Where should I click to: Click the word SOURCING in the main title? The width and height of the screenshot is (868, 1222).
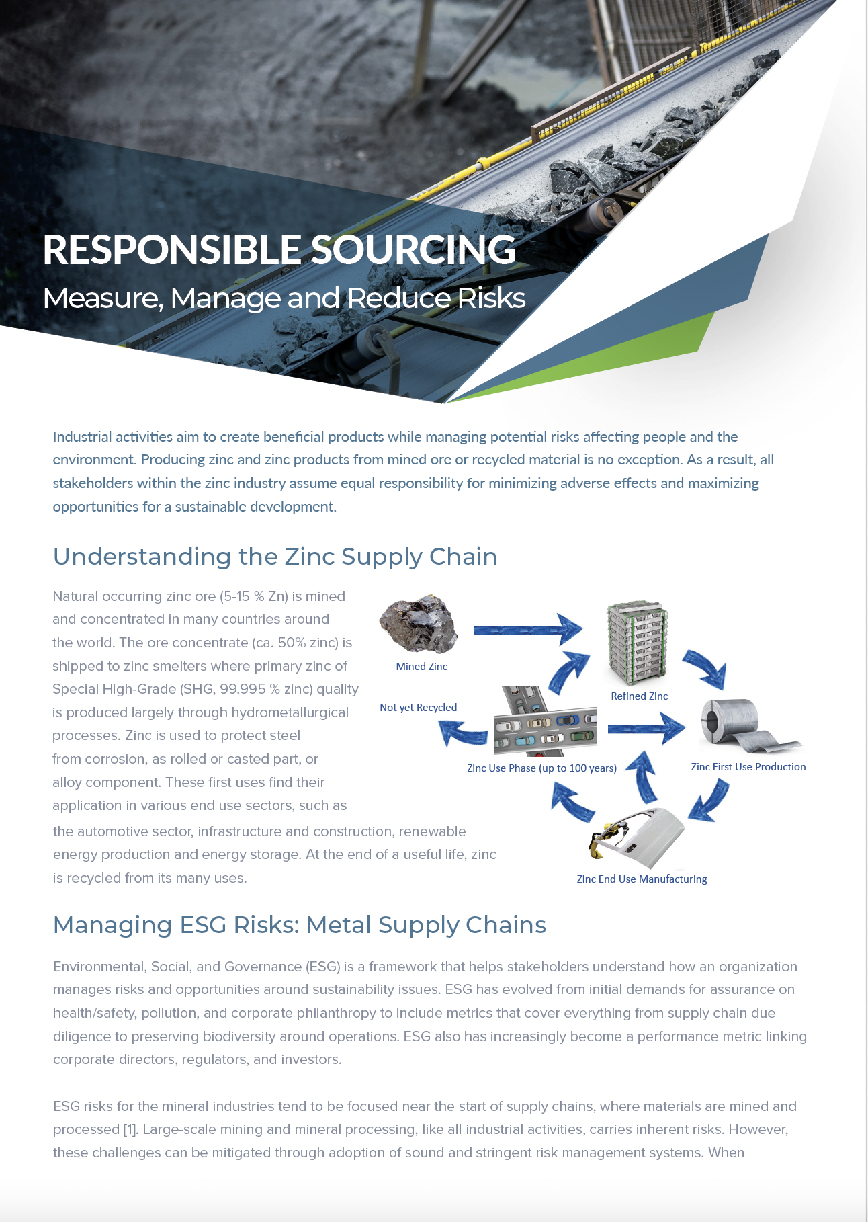pos(413,249)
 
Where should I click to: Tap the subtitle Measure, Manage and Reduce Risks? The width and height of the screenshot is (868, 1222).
pos(284,298)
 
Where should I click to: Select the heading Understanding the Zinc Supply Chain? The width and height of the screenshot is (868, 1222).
pos(275,557)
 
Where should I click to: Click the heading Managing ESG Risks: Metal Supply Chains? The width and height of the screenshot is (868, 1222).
pos(300,925)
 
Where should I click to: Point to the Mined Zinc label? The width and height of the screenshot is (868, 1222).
pos(422,667)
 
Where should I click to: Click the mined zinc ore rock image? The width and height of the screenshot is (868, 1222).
pos(419,623)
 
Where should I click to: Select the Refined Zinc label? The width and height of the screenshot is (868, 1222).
pos(640,696)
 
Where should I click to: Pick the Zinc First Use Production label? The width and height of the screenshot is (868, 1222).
pos(748,767)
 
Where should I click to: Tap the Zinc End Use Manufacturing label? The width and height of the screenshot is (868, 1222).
pos(642,879)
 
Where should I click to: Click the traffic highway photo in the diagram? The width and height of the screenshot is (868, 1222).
pos(545,722)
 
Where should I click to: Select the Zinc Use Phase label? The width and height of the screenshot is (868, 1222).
pos(542,768)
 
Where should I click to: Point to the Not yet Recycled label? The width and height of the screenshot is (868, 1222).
pos(419,708)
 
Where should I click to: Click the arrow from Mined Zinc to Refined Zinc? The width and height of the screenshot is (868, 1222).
pos(528,630)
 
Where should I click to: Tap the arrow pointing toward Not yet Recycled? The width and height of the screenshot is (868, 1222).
pos(463,733)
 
